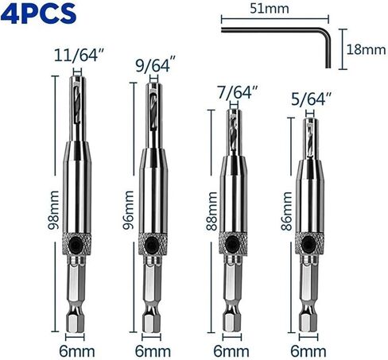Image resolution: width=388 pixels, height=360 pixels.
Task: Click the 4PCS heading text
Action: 38,14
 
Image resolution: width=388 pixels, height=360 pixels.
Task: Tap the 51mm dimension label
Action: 270,9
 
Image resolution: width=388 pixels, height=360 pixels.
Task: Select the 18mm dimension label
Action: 366,49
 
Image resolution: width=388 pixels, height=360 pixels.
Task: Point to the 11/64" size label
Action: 78,56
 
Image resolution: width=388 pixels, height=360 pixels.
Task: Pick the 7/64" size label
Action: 238,92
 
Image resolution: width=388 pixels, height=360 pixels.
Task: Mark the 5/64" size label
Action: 311,99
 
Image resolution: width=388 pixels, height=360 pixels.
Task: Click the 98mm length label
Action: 53,210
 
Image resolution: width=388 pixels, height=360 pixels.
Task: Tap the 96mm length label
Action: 128,210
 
